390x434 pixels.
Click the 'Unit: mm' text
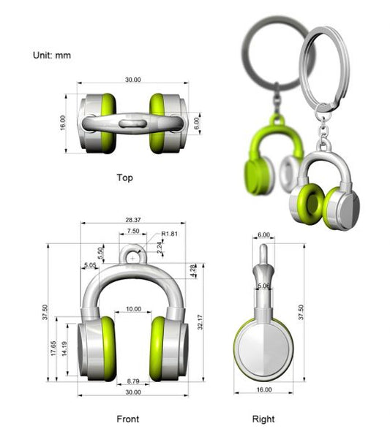52,55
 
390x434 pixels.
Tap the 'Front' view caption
127,419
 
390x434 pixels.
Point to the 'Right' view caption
263,419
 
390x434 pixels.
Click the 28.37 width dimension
132,219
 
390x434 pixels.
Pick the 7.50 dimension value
132,231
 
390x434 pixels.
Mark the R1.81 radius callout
170,234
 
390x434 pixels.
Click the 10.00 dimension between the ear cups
132,309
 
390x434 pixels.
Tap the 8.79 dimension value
132,381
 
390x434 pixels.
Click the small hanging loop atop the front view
132,257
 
